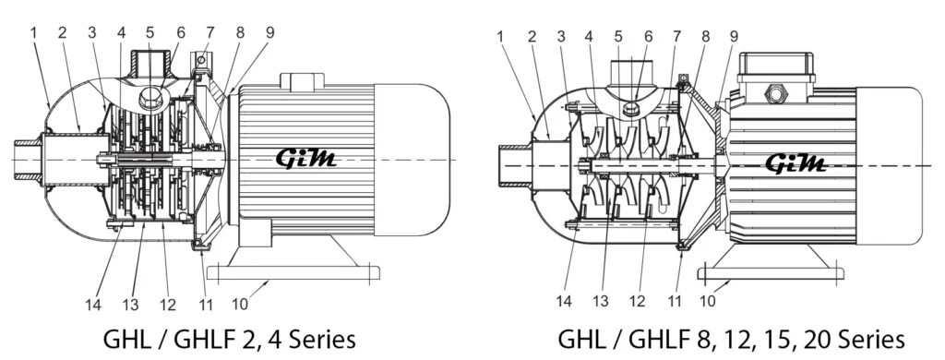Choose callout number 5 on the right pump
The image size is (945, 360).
(x=617, y=36)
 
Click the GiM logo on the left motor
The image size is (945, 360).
(x=306, y=159)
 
